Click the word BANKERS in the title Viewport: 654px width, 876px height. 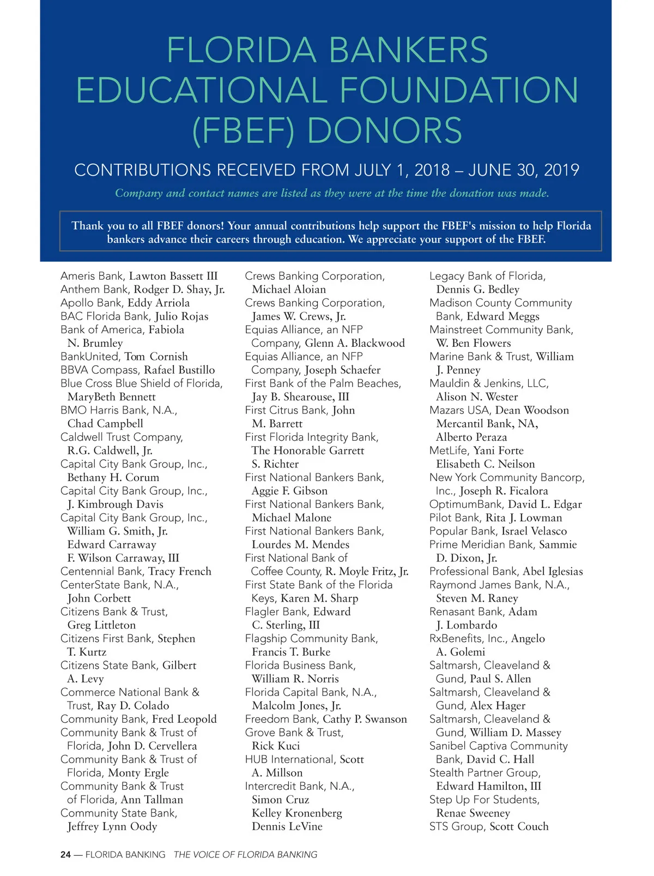click(409, 50)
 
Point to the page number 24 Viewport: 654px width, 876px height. click(65, 855)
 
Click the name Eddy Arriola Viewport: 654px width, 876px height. click(159, 303)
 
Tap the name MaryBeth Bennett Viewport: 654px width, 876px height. click(111, 397)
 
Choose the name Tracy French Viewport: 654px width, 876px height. click(180, 571)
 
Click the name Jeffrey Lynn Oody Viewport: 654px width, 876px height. click(112, 826)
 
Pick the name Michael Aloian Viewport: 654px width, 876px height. click(289, 289)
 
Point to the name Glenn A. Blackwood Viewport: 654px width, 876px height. click(355, 343)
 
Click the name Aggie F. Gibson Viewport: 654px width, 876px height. click(289, 491)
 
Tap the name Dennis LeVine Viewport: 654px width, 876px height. click(287, 826)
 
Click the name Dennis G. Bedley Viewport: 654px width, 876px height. click(477, 289)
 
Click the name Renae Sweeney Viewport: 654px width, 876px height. click(473, 813)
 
